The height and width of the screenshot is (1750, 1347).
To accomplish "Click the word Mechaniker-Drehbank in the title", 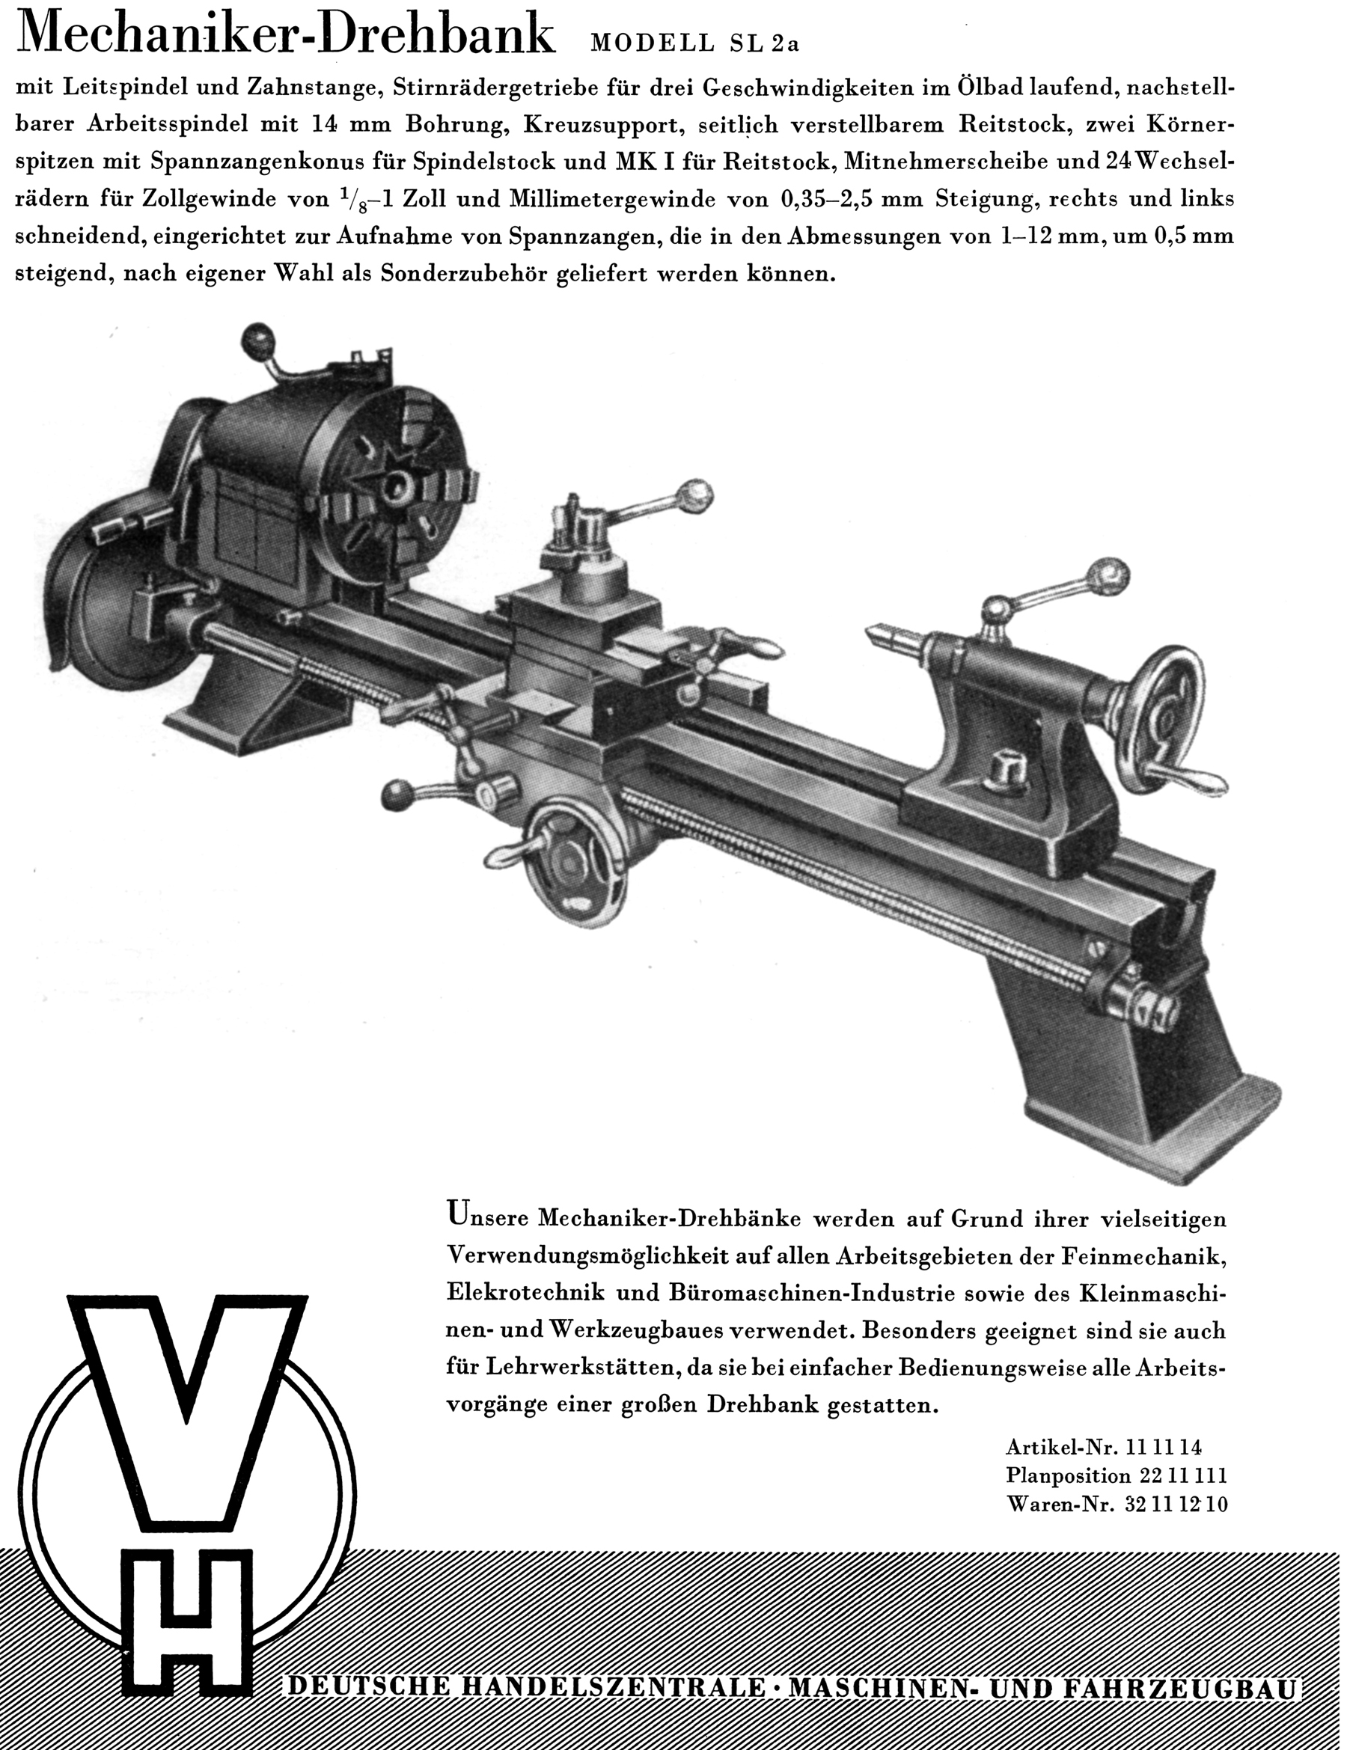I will tap(285, 37).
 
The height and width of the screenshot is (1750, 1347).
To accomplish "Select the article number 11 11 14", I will tap(1164, 1447).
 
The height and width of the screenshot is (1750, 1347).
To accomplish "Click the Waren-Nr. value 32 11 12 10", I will tap(1176, 1504).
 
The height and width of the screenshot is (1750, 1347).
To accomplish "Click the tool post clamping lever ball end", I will tap(695, 489).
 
